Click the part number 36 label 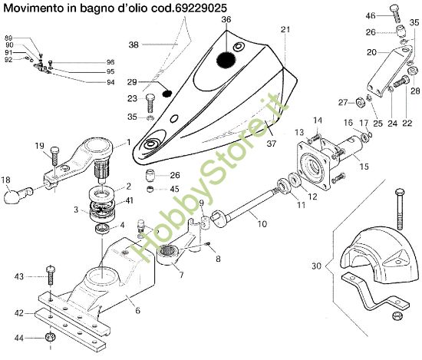point(226,20)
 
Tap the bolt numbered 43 point(50,275)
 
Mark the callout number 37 point(270,143)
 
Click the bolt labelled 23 point(150,101)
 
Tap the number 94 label point(110,82)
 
